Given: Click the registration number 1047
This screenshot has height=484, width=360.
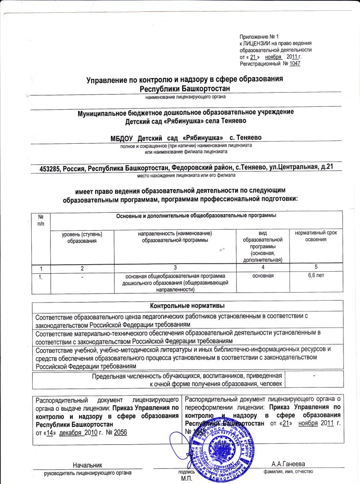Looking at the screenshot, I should pyautogui.click(x=295, y=63).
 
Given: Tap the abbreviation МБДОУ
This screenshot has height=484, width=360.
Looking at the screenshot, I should pyautogui.click(x=122, y=138).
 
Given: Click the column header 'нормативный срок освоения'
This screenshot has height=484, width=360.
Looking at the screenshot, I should pyautogui.click(x=316, y=236).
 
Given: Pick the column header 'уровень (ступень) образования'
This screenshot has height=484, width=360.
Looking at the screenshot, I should pyautogui.click(x=82, y=237).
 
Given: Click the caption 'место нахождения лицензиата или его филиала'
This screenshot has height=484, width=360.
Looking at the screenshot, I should pyautogui.click(x=185, y=175).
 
